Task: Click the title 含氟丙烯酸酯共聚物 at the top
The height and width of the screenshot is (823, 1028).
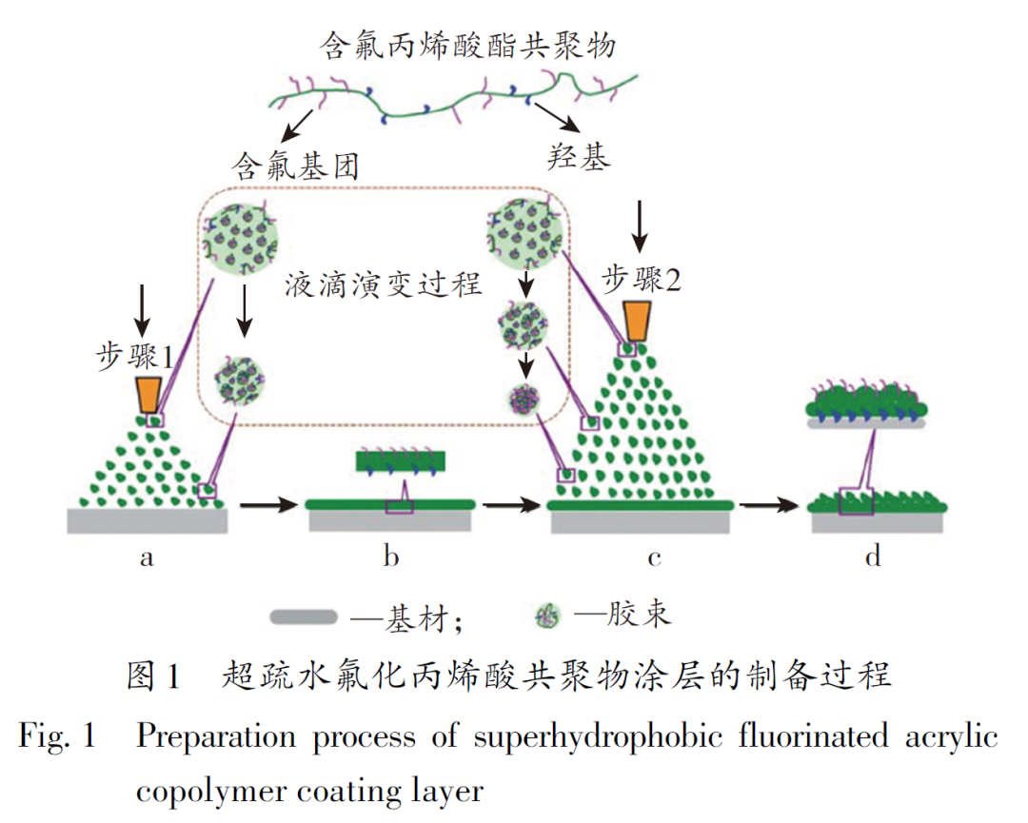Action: pos(470,46)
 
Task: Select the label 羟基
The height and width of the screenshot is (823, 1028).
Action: pos(579,155)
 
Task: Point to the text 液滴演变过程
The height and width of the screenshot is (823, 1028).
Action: pos(383,284)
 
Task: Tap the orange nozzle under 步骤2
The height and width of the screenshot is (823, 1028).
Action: pos(639,322)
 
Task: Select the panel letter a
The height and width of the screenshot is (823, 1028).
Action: pos(146,558)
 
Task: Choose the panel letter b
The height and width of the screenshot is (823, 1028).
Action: pos(390,558)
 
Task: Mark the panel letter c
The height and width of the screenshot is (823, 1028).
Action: pos(654,558)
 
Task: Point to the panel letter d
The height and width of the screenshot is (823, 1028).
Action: pos(873,558)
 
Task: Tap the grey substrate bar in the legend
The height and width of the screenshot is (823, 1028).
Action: pos(304,617)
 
